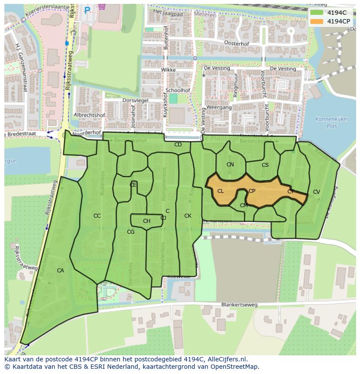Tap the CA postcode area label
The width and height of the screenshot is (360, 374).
coord(60,271)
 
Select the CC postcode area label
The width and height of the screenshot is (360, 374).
coord(97,216)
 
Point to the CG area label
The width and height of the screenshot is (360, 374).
coord(131,232)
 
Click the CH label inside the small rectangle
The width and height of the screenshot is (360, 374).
coord(147,221)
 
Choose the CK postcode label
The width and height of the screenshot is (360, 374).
coord(188,216)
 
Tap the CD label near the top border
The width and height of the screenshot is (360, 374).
coord(178,145)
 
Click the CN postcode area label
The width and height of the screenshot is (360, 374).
coord(230,165)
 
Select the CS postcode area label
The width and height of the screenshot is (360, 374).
coord(265,165)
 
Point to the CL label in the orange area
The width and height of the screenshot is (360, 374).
coord(220,191)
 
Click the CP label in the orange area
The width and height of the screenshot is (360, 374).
coord(252,191)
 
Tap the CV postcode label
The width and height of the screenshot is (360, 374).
coord(316,192)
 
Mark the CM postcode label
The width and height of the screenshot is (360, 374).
coord(243,205)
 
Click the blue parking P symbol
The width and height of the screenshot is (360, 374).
coord(87,10)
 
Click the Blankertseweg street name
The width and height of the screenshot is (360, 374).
coord(239,305)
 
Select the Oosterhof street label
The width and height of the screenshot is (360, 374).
coord(236,43)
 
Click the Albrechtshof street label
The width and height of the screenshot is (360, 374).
coord(89,115)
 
